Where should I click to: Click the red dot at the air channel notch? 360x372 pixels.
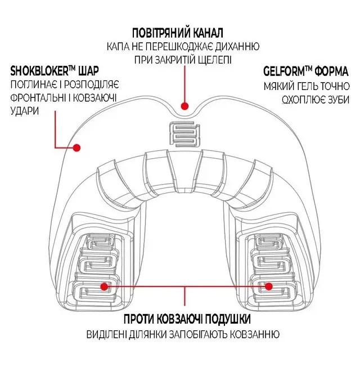tap(184, 106)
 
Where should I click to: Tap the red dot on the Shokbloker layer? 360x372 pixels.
tap(76, 147)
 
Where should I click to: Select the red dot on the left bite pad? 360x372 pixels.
tap(104, 286)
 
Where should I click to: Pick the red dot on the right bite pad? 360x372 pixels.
tap(268, 286)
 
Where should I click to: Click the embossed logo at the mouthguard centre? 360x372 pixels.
tap(184, 135)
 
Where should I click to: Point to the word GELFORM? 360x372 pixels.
tap(284, 71)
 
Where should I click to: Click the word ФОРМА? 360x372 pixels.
tap(331, 71)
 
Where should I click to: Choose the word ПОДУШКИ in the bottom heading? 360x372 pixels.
tap(228, 319)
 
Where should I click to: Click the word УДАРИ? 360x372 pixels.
tap(25, 111)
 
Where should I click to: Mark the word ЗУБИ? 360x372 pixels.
tap(339, 100)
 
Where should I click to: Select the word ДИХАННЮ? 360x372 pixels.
tap(237, 46)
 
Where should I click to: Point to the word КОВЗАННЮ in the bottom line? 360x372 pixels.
tap(255, 334)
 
